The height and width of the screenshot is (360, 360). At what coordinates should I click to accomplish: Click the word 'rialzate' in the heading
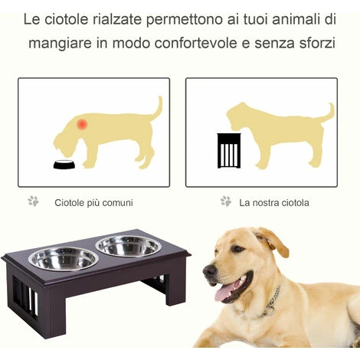click(116, 20)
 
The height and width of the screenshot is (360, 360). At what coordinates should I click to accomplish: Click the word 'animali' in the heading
click(295, 20)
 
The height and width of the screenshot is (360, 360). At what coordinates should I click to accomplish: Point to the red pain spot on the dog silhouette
click(82, 124)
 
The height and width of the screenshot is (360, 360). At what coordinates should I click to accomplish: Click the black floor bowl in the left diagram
click(64, 164)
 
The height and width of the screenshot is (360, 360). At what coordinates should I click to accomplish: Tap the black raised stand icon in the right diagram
click(229, 151)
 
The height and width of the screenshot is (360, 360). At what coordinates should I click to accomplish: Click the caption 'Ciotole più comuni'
click(93, 203)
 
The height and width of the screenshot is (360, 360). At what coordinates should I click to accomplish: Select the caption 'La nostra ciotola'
click(274, 203)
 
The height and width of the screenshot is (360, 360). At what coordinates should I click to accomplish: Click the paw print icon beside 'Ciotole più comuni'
click(33, 201)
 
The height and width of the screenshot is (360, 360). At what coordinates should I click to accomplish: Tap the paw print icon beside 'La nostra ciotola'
click(226, 201)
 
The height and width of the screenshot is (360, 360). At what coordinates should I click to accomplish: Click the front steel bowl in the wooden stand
click(64, 259)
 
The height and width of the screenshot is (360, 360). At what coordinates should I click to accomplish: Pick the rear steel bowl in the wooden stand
click(129, 246)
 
